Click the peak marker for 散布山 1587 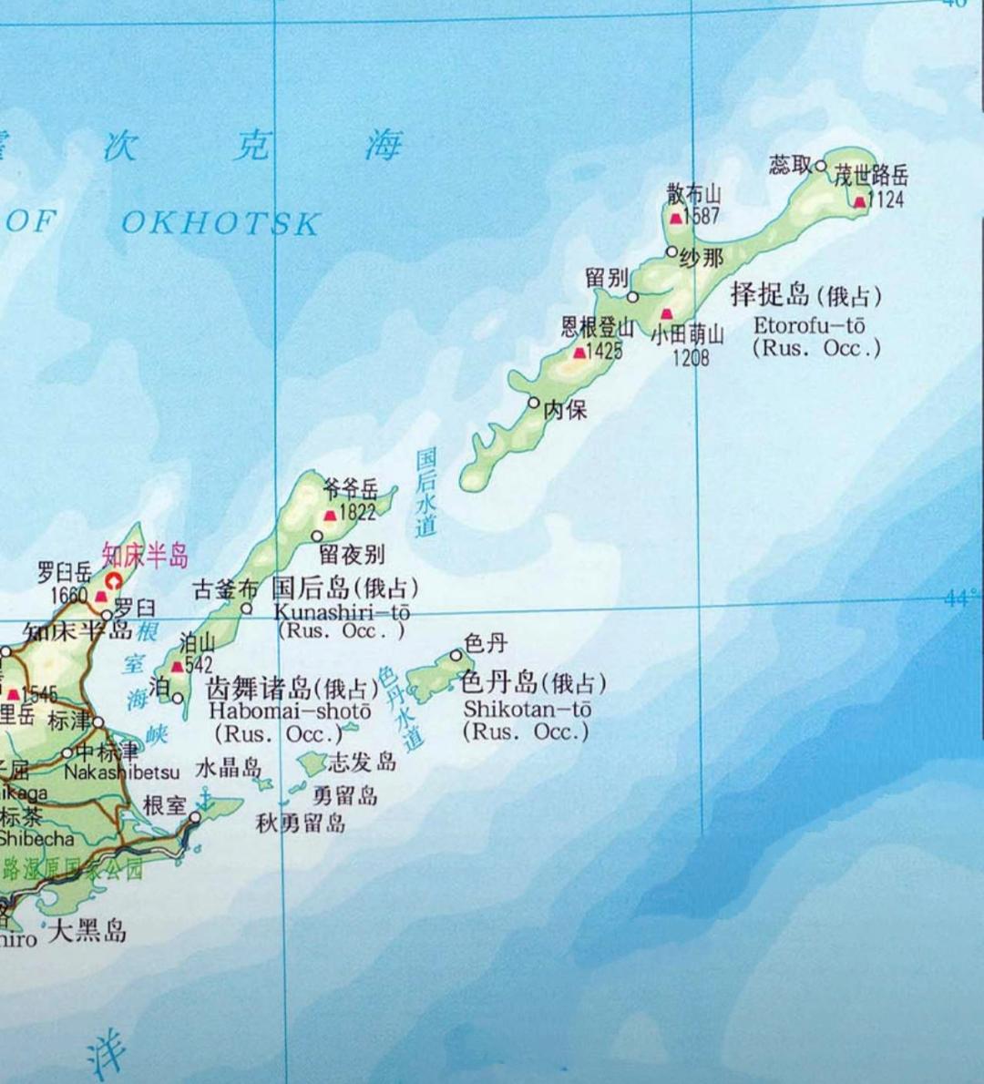(675, 218)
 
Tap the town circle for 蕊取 (821, 166)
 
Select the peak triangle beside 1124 (859, 201)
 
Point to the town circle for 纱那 (671, 251)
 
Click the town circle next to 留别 (632, 296)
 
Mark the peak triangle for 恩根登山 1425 (579, 352)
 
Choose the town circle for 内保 (534, 402)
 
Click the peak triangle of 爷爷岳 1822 (330, 515)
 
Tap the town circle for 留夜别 (317, 537)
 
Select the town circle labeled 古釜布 (246, 608)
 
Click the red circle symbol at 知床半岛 (114, 580)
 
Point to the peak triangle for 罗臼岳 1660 (101, 597)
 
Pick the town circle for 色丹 (456, 654)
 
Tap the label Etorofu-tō (809, 325)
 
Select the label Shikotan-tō (528, 709)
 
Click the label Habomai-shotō (290, 711)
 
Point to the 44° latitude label (958, 598)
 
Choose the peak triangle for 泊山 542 (177, 666)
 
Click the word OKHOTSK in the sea (220, 223)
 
